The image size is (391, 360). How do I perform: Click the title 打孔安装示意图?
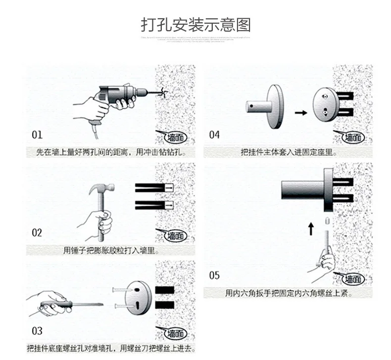(x=195, y=25)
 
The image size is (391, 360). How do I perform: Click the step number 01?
(x=37, y=135)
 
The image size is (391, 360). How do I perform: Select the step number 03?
(x=37, y=331)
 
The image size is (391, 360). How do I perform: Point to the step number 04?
(x=214, y=135)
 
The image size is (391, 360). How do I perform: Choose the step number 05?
(x=214, y=275)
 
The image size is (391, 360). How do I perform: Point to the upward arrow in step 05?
(x=311, y=229)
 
